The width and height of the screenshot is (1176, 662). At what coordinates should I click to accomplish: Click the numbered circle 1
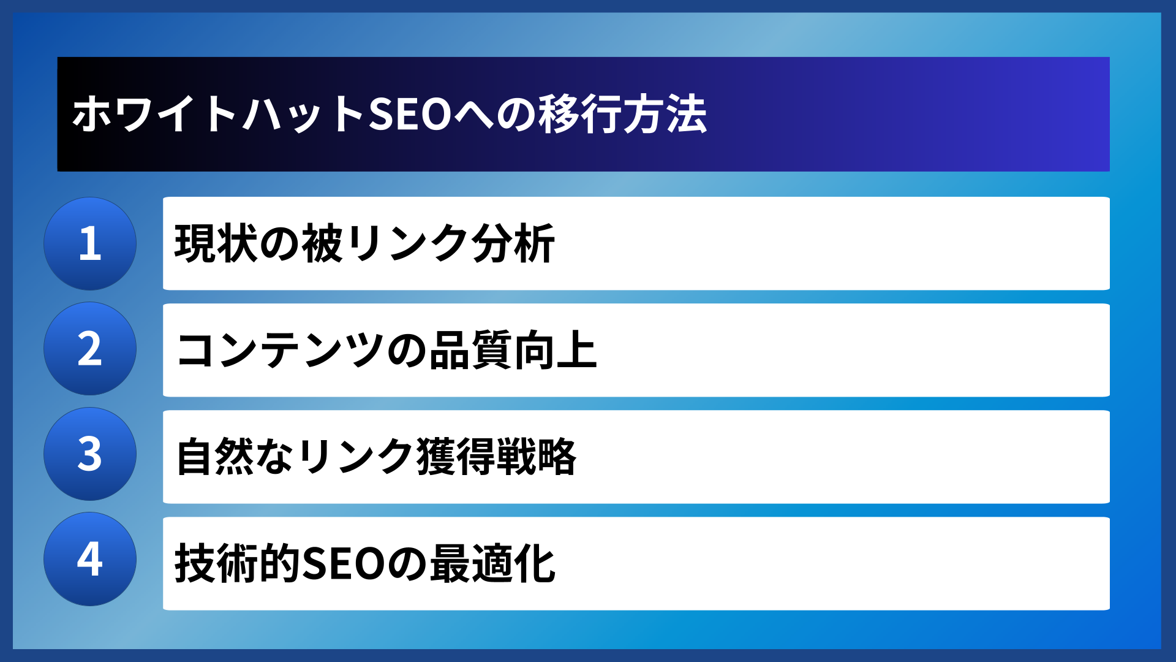point(90,243)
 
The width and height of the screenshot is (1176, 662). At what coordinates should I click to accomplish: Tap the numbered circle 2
point(90,349)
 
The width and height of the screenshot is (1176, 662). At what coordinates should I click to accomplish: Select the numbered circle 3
point(90,454)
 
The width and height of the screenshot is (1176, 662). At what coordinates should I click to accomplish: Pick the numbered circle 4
point(90,559)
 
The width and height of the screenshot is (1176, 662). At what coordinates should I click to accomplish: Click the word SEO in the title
point(410,115)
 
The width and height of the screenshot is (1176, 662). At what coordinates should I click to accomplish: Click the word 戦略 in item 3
point(536,457)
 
